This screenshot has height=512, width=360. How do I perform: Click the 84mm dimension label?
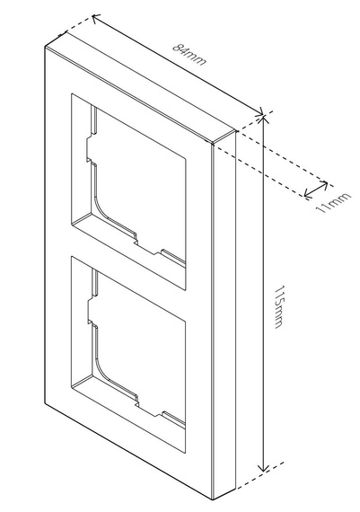tap(189, 55)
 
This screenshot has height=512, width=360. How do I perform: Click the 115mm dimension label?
tap(278, 306)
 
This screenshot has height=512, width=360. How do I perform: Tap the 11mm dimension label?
tap(334, 202)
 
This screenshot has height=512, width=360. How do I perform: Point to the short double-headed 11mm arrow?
tap(316, 189)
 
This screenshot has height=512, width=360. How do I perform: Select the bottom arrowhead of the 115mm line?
tap(263, 467)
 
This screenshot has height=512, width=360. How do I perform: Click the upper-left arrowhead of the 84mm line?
tap(96, 18)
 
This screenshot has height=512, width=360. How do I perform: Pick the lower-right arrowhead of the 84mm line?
tap(259, 112)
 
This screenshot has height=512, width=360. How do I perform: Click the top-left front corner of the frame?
tap(45, 47)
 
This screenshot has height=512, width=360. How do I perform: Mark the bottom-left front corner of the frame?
tap(45, 403)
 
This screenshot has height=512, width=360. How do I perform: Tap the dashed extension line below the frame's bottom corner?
tap(259, 476)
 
